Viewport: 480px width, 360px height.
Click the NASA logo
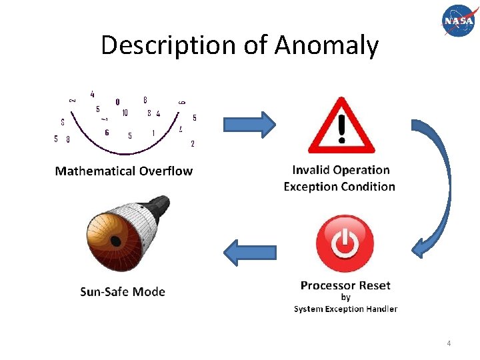click(458, 21)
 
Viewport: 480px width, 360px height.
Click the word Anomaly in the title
click(327, 45)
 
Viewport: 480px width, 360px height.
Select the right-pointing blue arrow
click(249, 125)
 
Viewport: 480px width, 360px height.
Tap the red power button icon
click(345, 243)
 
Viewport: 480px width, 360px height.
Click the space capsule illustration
click(127, 230)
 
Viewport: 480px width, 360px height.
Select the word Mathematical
click(97, 171)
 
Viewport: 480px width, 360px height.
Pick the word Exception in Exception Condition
click(311, 187)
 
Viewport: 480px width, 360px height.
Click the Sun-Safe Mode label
click(123, 291)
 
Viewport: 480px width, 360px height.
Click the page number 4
click(449, 343)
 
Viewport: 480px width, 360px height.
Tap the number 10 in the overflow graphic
click(125, 113)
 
